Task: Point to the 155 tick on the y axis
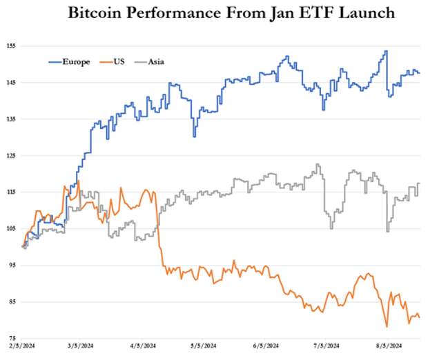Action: point(10,46)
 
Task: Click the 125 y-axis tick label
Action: point(10,155)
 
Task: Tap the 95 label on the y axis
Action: point(10,265)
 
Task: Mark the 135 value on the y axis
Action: point(10,119)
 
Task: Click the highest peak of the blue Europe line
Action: point(386,50)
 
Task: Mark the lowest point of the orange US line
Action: point(387,326)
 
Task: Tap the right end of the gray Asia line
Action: point(420,183)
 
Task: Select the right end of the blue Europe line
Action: point(420,73)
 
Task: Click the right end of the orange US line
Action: point(420,317)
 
